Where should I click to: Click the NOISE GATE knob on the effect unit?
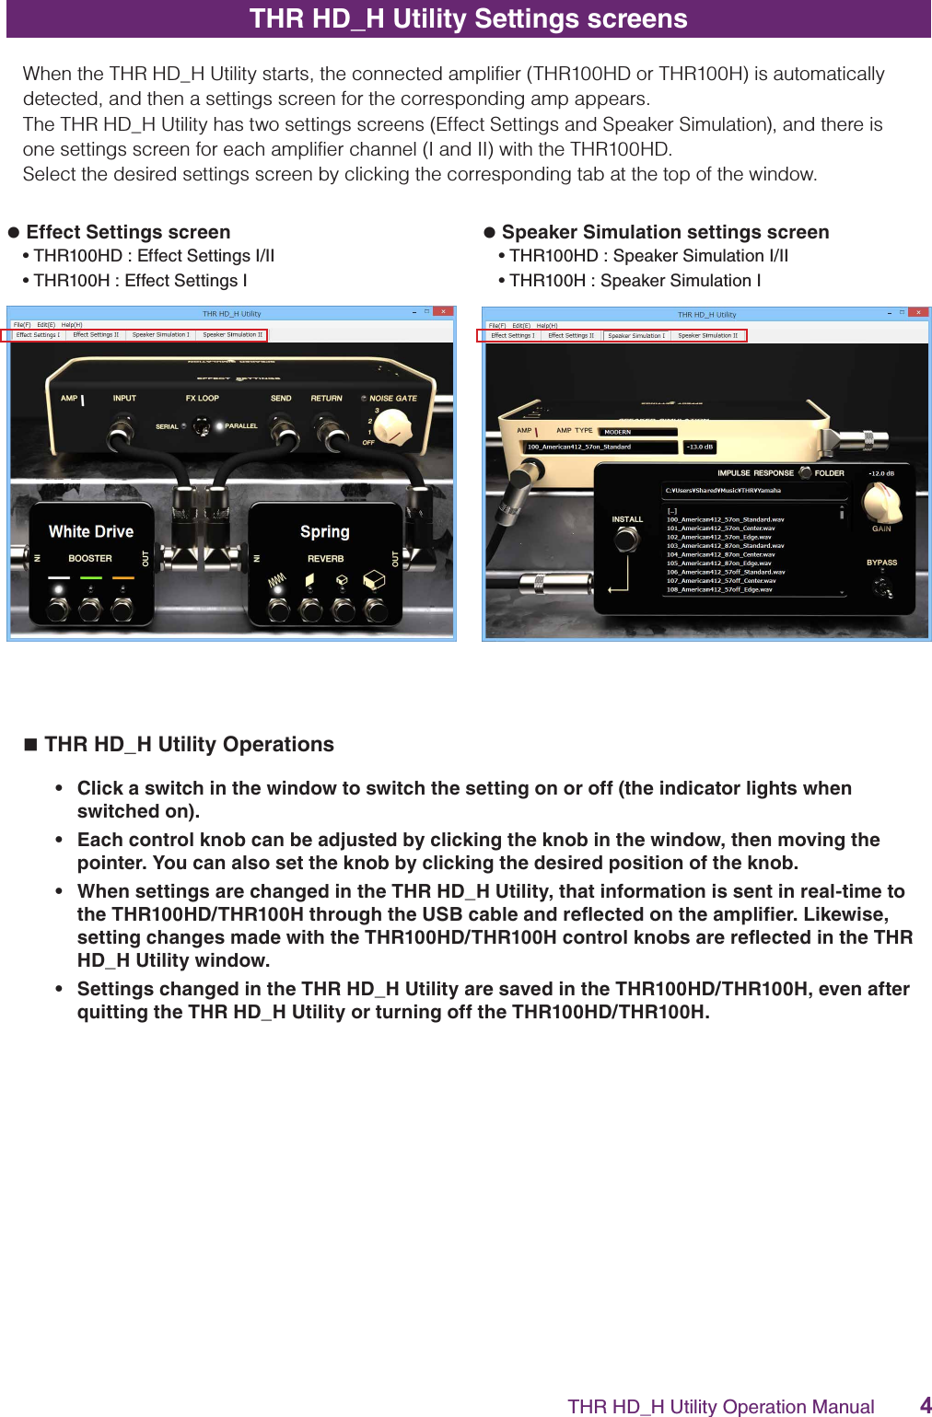pyautogui.click(x=394, y=425)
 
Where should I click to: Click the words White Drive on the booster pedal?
pyautogui.click(x=91, y=531)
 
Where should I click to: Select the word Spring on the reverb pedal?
pyautogui.click(x=324, y=531)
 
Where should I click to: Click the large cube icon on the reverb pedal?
pyautogui.click(x=374, y=580)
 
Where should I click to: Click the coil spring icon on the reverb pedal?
pyautogui.click(x=277, y=581)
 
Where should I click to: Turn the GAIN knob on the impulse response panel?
pyautogui.click(x=880, y=502)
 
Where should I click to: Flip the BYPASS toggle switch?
pyautogui.click(x=882, y=586)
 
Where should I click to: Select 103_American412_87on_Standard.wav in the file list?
pyautogui.click(x=725, y=546)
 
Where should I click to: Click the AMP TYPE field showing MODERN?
pyautogui.click(x=637, y=432)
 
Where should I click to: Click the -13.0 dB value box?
pyautogui.click(x=698, y=447)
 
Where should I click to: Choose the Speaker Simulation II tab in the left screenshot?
pyautogui.click(x=232, y=335)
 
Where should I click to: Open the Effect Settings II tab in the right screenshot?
pyautogui.click(x=571, y=336)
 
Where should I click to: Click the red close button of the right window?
pyautogui.click(x=918, y=313)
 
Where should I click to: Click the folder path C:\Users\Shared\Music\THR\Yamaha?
pyautogui.click(x=722, y=491)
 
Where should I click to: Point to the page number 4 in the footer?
pyautogui.click(x=925, y=1404)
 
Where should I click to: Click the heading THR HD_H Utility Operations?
pyautogui.click(x=189, y=744)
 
